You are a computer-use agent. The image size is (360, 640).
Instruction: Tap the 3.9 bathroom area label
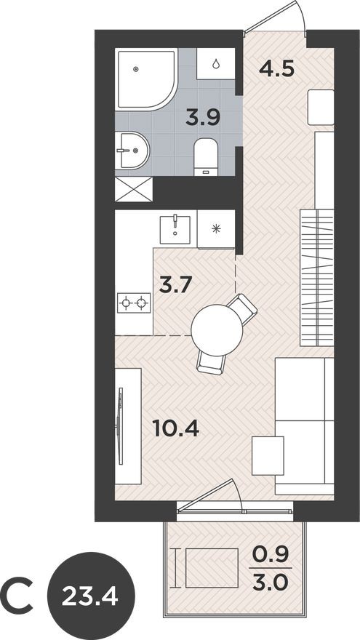coord(201,117)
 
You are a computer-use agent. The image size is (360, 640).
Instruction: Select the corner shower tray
coord(144,78)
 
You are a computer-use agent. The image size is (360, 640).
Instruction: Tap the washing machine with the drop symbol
coord(216,63)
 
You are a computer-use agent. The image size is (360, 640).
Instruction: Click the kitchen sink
coord(176,228)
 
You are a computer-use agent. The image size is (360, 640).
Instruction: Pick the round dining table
coord(217,329)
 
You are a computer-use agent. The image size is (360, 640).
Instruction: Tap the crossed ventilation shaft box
coord(134,190)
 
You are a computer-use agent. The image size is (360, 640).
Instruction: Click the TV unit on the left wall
coord(127,425)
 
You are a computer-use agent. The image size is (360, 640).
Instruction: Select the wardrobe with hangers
coord(317,276)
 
